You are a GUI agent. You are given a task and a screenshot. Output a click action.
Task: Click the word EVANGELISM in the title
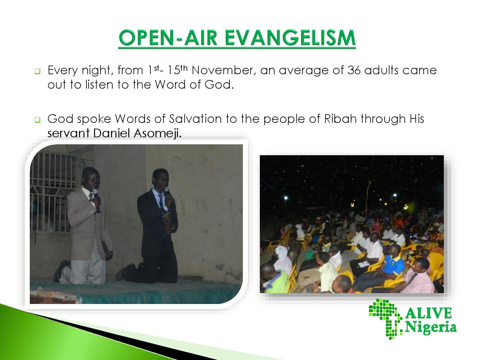(290, 37)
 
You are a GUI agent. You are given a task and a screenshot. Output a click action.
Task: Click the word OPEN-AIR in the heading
(168, 37)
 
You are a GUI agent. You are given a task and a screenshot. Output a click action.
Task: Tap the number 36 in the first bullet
(354, 70)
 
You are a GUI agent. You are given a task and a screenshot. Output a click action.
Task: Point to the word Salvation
(195, 119)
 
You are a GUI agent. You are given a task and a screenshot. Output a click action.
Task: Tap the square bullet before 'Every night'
(37, 71)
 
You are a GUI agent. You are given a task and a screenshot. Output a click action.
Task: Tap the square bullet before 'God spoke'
(37, 120)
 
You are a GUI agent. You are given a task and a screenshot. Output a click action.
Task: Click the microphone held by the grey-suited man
(96, 200)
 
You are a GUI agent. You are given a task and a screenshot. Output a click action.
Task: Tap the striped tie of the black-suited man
(161, 201)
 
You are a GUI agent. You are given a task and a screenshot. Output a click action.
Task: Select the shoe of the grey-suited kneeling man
(61, 270)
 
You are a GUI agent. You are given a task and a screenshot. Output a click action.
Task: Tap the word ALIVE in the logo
(428, 313)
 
